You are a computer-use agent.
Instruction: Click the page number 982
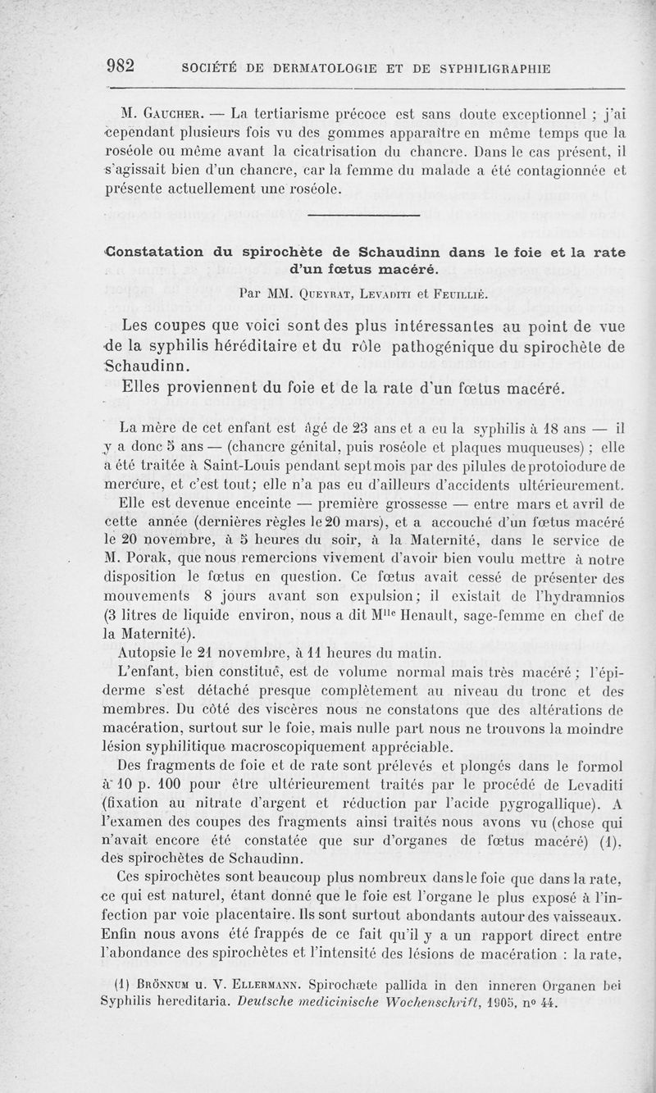[125, 66]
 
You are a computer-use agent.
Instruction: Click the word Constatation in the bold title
[155, 253]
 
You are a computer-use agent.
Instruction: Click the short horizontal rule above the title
[363, 216]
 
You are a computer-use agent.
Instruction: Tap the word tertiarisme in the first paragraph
[293, 112]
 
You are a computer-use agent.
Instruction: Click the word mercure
[131, 484]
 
